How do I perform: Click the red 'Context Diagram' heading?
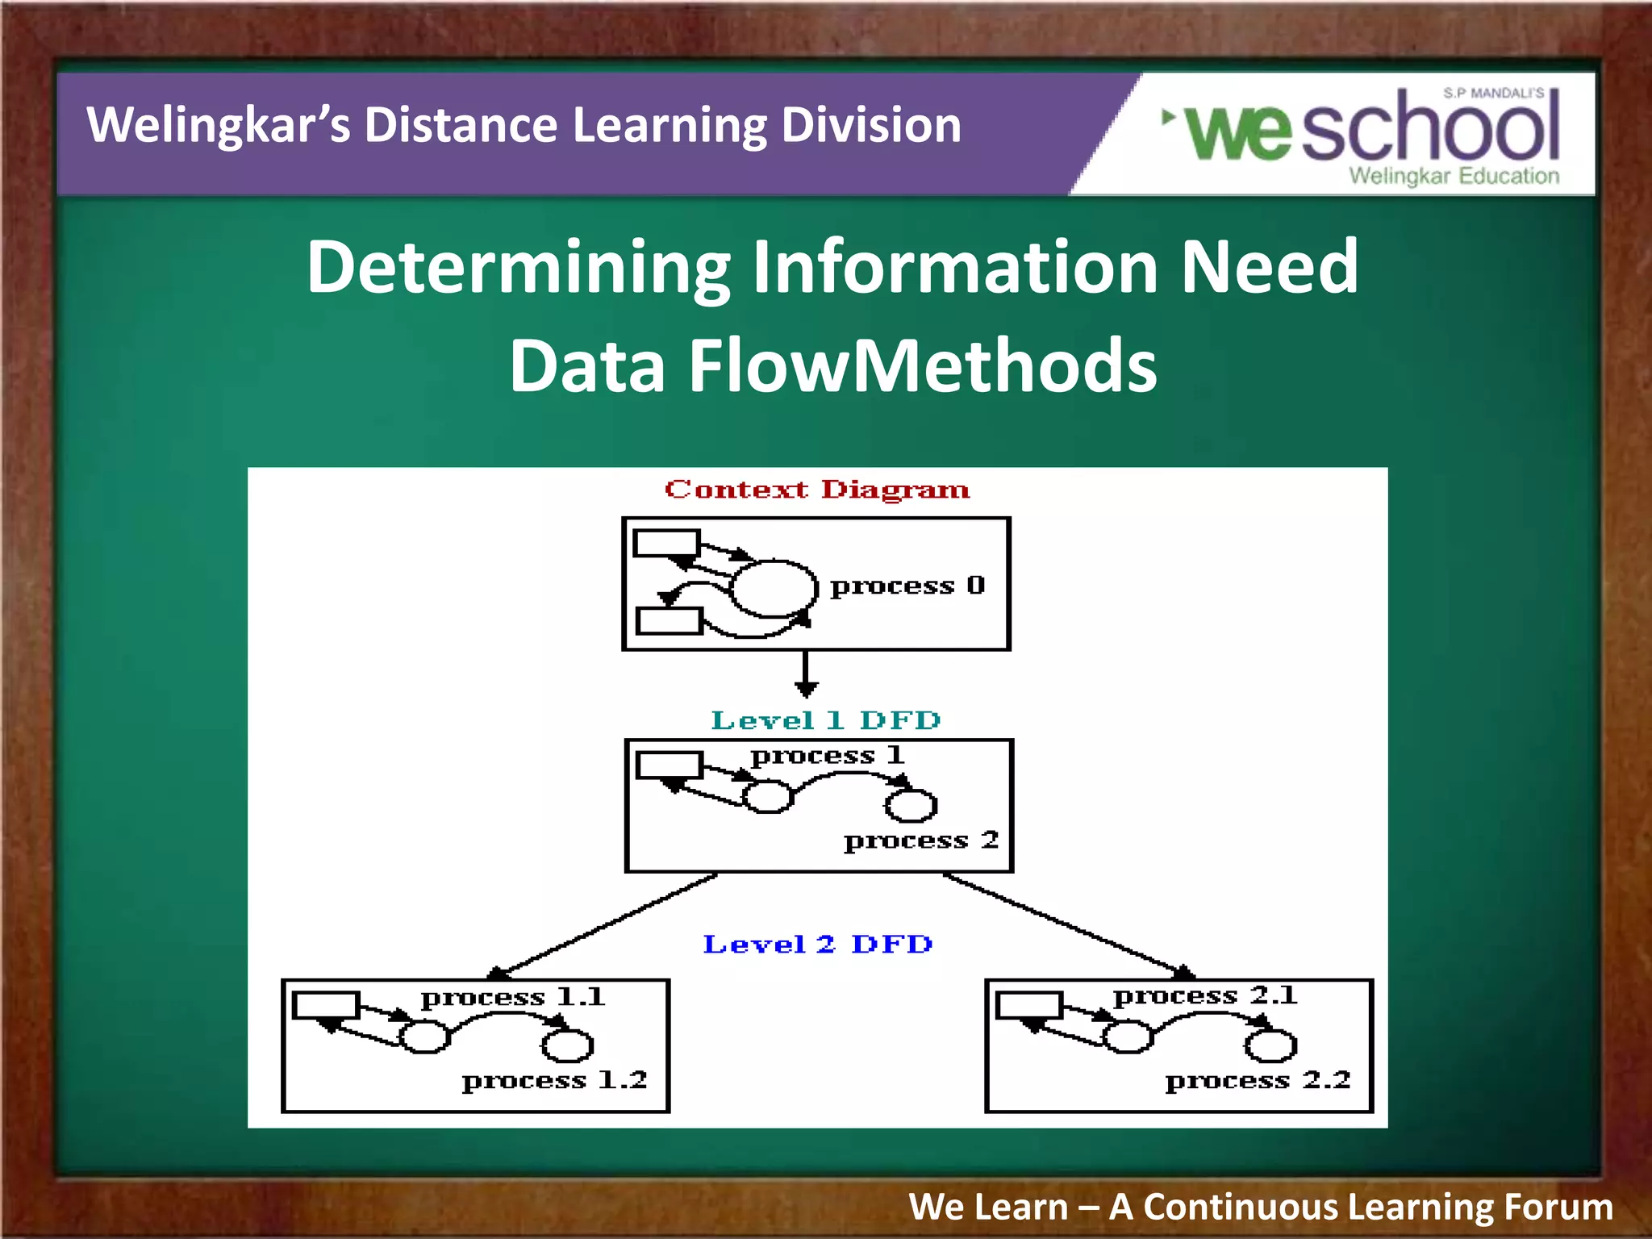816,490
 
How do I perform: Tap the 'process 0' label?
907,586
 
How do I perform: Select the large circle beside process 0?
774,587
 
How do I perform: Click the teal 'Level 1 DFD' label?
825,720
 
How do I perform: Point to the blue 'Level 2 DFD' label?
817,944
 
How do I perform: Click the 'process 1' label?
827,756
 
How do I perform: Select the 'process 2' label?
921,841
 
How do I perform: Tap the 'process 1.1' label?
512,998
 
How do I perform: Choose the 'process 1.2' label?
554,1081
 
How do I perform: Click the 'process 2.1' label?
1205,996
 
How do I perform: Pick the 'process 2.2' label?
1258,1081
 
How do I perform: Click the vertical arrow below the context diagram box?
806,674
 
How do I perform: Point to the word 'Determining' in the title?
518,267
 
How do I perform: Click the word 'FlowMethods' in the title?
923,366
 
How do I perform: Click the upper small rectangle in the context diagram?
666,543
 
